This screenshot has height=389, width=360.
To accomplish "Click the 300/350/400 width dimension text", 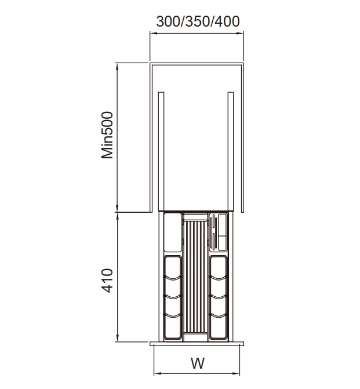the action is tap(198, 21).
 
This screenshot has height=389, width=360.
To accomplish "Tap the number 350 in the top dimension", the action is tap(198, 21).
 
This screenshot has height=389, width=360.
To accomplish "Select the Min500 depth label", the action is tap(107, 135).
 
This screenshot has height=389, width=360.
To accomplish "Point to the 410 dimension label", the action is tap(107, 281).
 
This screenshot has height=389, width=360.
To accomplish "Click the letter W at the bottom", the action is tap(198, 363).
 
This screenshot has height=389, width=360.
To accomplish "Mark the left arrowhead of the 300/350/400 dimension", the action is tap(153, 33).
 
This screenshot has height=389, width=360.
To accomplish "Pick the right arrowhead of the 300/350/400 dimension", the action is tap(240, 33).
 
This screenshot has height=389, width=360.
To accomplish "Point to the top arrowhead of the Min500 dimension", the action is tap(117, 66).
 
